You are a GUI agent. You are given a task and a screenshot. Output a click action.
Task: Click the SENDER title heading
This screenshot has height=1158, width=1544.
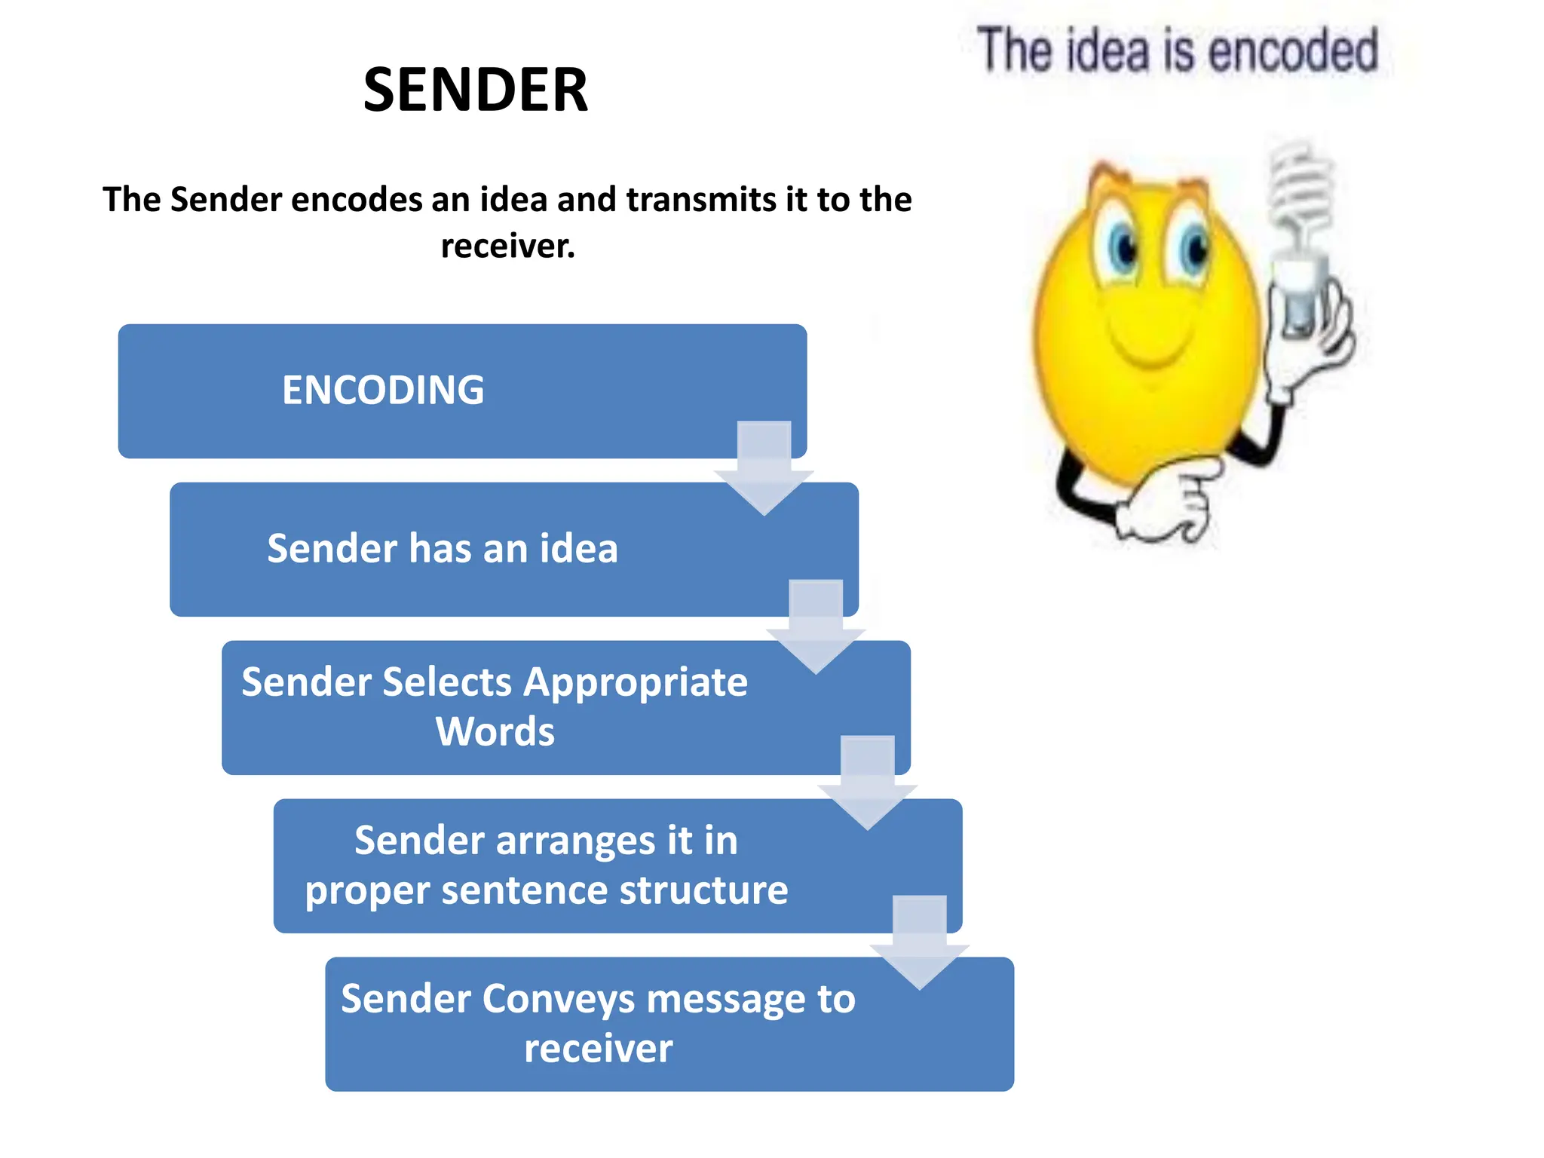point(475,90)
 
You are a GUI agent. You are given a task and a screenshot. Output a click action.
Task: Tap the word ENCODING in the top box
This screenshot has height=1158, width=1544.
point(383,391)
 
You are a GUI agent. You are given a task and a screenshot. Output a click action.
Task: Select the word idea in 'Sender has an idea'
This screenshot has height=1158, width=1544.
point(578,548)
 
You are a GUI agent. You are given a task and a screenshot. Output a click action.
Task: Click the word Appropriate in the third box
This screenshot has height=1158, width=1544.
point(635,682)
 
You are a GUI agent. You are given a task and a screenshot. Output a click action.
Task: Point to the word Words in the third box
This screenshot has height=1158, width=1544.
point(495,731)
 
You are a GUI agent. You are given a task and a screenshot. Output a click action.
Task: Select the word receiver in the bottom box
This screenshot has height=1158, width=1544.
point(598,1049)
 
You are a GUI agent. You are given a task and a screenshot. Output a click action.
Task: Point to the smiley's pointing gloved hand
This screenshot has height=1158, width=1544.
point(1165,501)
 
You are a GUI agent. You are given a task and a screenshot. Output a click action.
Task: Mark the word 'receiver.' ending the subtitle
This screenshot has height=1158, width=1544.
point(507,247)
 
